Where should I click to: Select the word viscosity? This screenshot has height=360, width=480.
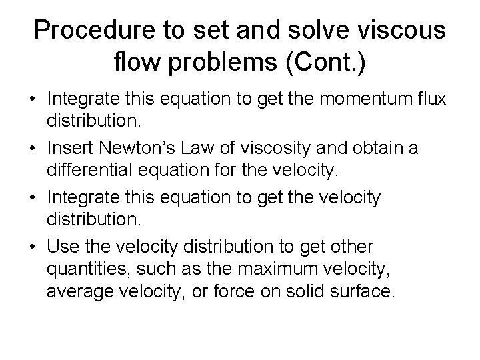pyautogui.click(x=264, y=147)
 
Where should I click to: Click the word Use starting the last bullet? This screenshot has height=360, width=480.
pyautogui.click(x=61, y=247)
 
